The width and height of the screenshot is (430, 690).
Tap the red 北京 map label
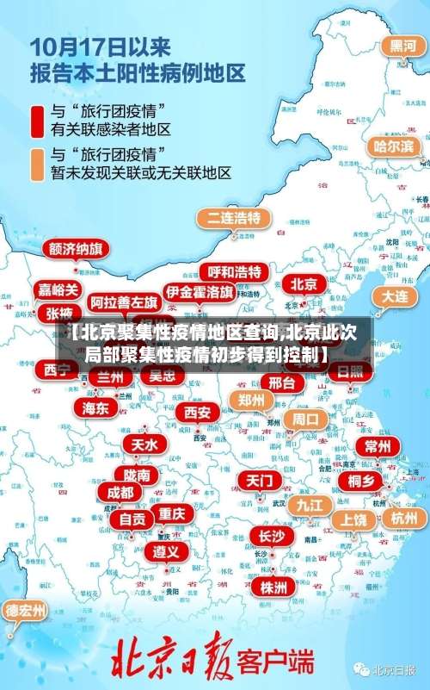click(303, 283)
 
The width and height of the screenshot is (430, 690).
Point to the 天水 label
click(144, 444)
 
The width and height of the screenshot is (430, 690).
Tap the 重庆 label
click(171, 513)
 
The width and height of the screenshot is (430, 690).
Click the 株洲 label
click(273, 563)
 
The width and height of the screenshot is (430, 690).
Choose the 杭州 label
click(403, 518)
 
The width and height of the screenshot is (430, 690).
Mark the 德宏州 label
click(26, 611)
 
